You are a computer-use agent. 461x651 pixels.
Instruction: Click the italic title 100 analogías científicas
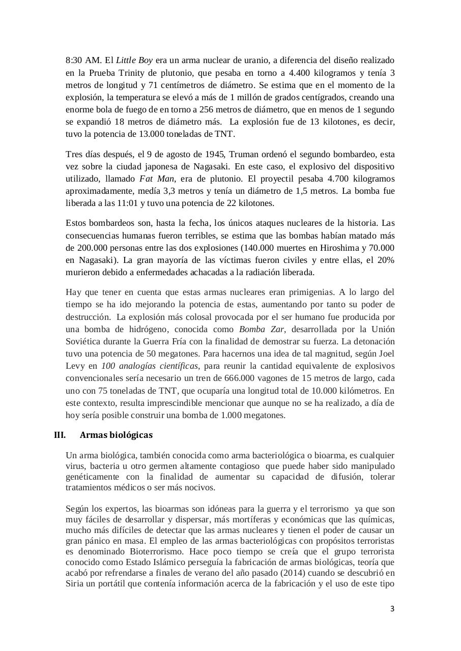click(150, 366)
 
